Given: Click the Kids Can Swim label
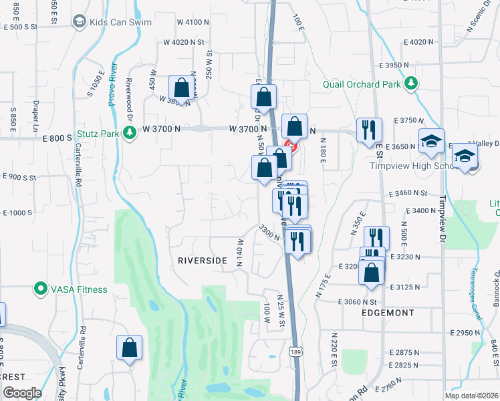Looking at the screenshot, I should (116, 21).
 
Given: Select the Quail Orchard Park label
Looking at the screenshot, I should (361, 84).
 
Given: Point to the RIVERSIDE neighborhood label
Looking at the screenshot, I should (198, 261).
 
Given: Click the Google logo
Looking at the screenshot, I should (21, 392).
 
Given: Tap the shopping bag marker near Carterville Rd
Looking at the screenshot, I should (129, 348).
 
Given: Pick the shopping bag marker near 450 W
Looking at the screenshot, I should (181, 88).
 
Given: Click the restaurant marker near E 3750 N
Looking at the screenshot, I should (368, 130).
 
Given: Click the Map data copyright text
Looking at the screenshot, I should (472, 396).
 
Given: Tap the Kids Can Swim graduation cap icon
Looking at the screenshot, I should (79, 21).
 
